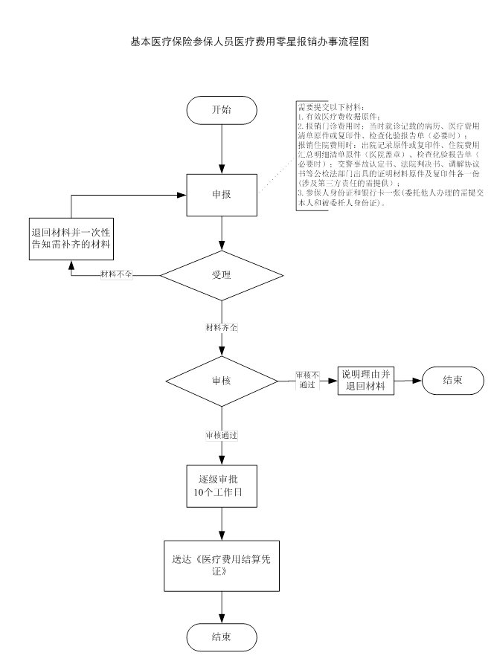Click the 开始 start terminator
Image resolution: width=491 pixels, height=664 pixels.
pos(222,110)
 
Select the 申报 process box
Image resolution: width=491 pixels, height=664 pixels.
pos(222,194)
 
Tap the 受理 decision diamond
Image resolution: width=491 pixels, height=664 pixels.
pos(222,275)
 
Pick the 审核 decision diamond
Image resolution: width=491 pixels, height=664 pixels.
pos(222,381)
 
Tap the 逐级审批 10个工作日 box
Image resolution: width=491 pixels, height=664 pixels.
pos(222,484)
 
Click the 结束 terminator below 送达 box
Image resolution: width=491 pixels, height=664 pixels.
pos(222,637)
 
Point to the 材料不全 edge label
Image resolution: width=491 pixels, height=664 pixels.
pos(117,275)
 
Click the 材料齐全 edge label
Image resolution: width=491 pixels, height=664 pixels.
pos(222,327)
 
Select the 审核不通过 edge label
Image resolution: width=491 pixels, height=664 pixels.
pos(307,381)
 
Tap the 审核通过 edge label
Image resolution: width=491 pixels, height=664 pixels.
pos(222,434)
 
